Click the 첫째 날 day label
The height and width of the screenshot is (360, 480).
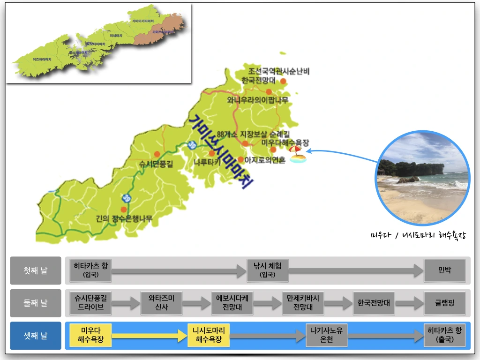coord(36,270)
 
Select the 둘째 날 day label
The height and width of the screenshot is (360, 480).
coord(36,303)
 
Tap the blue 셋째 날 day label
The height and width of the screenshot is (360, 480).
coord(36,336)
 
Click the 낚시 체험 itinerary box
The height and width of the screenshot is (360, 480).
coord(268,270)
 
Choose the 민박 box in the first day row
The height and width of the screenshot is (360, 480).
coord(444,270)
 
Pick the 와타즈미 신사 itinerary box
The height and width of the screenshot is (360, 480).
coord(161,303)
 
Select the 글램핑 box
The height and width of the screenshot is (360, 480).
coord(444,303)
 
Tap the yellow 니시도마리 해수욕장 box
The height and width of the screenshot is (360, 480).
coord(209,336)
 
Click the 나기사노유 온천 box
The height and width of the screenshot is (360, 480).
coord(327,336)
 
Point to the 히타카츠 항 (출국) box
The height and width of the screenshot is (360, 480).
coord(444,336)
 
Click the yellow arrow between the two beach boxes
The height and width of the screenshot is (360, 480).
coord(150,336)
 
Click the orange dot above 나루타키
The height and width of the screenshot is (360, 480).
coord(212,153)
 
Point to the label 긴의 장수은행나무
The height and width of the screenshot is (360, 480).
coord(124,218)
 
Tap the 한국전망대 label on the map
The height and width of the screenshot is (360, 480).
coord(259,81)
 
